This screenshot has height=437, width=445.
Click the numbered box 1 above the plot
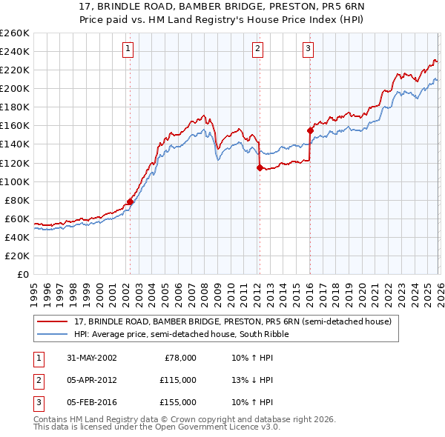tap(128, 50)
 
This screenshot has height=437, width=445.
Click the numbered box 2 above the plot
tap(257, 50)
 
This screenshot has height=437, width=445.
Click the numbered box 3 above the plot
tap(308, 50)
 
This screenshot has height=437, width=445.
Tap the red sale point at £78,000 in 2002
tap(131, 201)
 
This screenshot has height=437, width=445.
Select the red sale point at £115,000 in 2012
tap(260, 167)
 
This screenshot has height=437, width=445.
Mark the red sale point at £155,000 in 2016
tap(310, 130)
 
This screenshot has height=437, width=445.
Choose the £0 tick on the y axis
tap(22, 274)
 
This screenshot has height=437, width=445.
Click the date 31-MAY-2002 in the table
tap(91, 358)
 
